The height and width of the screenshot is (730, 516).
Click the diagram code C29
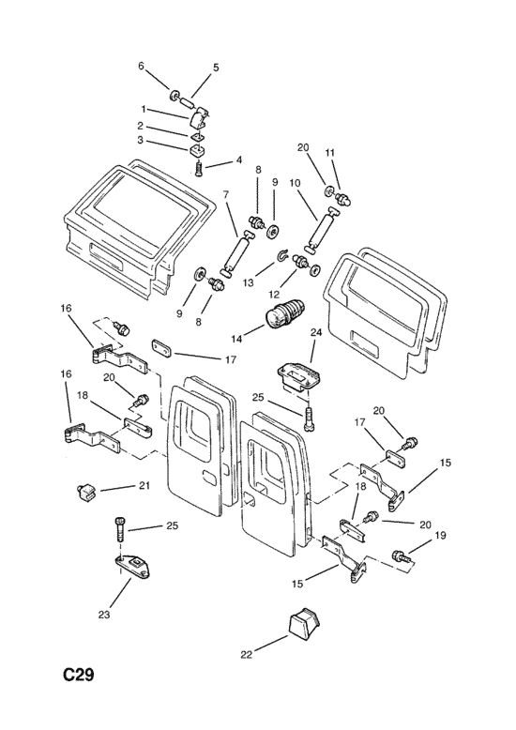tap(79, 674)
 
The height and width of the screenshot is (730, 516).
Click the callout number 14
tap(236, 339)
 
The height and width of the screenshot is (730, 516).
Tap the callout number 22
tap(247, 655)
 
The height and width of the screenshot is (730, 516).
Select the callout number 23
tap(104, 615)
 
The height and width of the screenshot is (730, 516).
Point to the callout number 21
tap(144, 486)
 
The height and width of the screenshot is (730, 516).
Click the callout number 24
tap(316, 332)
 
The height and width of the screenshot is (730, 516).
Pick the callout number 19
tap(441, 536)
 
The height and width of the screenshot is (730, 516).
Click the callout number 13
tap(249, 282)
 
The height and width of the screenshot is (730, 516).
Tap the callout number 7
tap(226, 194)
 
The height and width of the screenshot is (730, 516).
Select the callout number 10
tap(295, 183)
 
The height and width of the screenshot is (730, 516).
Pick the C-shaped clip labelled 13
tap(282, 255)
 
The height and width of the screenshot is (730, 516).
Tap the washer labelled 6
tap(175, 95)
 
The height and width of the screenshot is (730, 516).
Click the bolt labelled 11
tap(342, 199)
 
